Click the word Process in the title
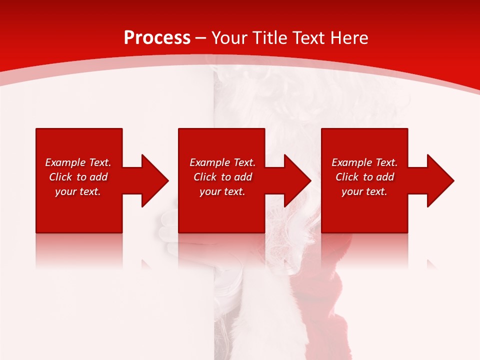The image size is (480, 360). (157, 38)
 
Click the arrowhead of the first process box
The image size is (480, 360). (154, 180)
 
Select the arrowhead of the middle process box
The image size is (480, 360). (297, 180)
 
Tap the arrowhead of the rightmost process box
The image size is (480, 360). (440, 180)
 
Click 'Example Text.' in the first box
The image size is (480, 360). (78, 162)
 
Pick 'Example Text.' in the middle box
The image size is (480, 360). (222, 162)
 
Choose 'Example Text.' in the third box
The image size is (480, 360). (364, 162)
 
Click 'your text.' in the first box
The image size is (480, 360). (78, 191)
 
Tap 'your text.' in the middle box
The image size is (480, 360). (222, 191)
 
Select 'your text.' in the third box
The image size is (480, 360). (364, 191)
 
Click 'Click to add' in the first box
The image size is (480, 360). (78, 177)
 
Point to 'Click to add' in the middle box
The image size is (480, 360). (222, 177)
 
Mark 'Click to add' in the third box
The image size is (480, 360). (364, 177)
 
